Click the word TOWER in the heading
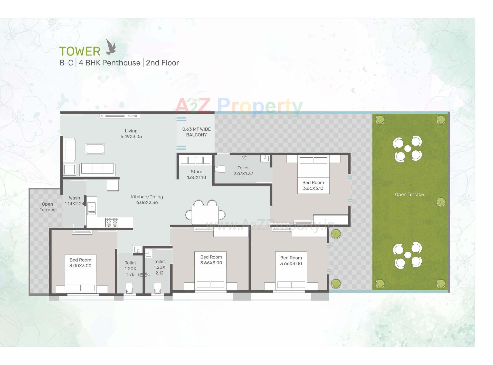pyautogui.click(x=80, y=51)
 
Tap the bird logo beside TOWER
pyautogui.click(x=111, y=47)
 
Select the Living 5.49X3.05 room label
pyautogui.click(x=131, y=134)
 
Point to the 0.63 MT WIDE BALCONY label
pyautogui.click(x=196, y=132)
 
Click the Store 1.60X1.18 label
pyautogui.click(x=196, y=175)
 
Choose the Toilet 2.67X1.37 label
pyautogui.click(x=243, y=171)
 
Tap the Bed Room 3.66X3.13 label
pyautogui.click(x=313, y=185)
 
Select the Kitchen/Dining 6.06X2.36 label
pyautogui.click(x=147, y=199)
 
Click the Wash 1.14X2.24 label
pyautogui.click(x=74, y=201)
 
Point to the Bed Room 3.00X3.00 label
pyautogui.click(x=80, y=263)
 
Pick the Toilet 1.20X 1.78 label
pyautogui.click(x=130, y=268)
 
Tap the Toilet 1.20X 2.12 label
pyautogui.click(x=159, y=267)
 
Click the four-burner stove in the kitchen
pyautogui.click(x=112, y=222)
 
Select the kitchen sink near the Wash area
pyautogui.click(x=92, y=207)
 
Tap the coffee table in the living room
pyautogui.click(x=95, y=149)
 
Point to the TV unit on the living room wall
pyautogui.click(x=120, y=116)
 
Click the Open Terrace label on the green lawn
pyautogui.click(x=409, y=195)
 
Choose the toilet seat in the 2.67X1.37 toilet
pyautogui.click(x=220, y=169)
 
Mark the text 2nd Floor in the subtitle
pyautogui.click(x=162, y=63)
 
